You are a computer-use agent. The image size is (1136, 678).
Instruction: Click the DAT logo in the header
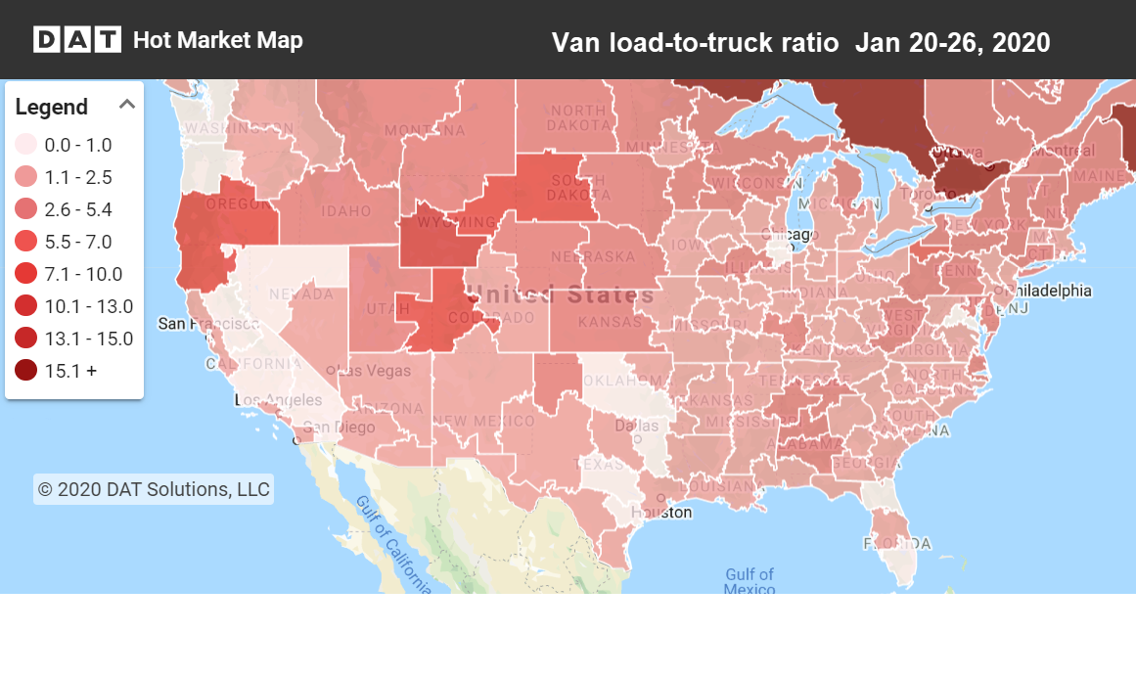coord(76,40)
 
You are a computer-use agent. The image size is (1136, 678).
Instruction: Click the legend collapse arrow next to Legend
coord(127,105)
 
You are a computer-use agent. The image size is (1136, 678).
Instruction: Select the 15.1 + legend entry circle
coord(26,371)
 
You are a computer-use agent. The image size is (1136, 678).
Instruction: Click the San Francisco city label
coord(209,324)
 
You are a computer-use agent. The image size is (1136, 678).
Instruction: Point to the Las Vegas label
coord(368,370)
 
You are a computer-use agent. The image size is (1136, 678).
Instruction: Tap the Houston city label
coord(661,512)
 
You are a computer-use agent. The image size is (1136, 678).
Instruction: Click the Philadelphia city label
coord(1041,292)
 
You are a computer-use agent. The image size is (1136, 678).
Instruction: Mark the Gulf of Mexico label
coord(750,581)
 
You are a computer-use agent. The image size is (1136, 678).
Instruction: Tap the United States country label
coord(560,294)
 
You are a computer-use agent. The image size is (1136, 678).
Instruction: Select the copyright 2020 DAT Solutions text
coord(154,489)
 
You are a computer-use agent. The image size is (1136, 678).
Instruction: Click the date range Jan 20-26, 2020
coord(952,43)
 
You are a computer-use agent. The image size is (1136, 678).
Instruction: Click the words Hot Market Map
coord(217,40)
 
